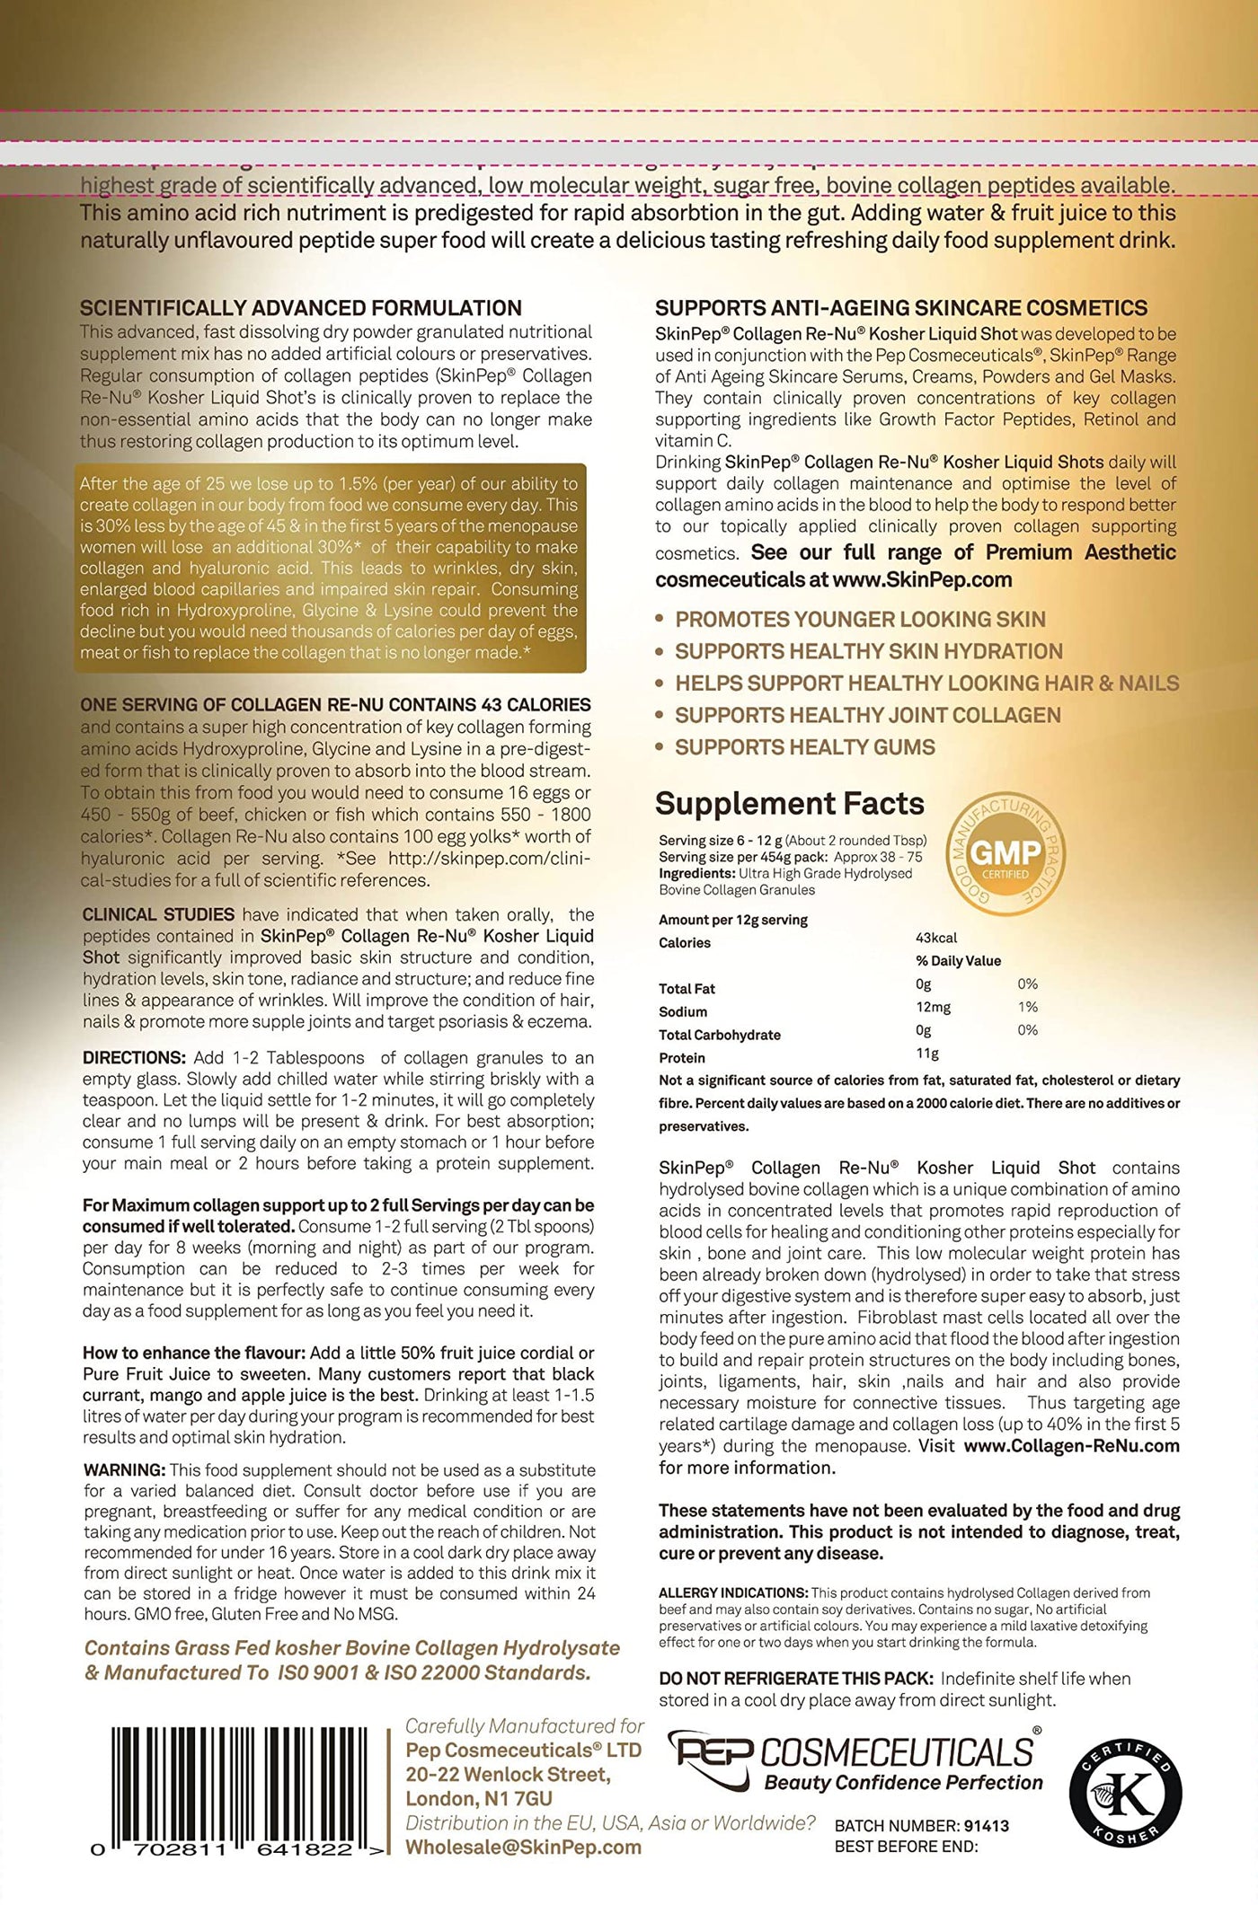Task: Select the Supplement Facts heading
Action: (789, 803)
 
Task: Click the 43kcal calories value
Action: (937, 938)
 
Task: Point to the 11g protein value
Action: (927, 1054)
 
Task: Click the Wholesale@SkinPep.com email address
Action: (523, 1847)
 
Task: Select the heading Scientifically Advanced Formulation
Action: (301, 309)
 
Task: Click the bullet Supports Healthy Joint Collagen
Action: (867, 715)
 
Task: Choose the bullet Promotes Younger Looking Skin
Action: (860, 619)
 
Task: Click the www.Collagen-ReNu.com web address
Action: (1071, 1446)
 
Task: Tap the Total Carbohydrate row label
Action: (720, 1035)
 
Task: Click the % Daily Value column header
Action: (958, 960)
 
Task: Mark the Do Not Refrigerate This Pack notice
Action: (795, 1678)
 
